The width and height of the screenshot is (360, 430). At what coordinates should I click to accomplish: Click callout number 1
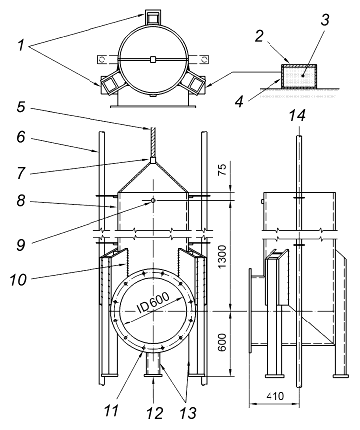tap(21, 45)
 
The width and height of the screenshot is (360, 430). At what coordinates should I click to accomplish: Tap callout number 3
tap(325, 20)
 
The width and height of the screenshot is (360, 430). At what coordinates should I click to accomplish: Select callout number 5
tap(21, 107)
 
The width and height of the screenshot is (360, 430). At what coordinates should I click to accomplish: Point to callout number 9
tap(21, 245)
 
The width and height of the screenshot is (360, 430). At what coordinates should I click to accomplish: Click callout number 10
tap(18, 279)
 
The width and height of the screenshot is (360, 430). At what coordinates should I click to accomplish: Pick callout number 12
tap(155, 413)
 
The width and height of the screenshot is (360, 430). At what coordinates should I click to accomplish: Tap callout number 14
tap(297, 115)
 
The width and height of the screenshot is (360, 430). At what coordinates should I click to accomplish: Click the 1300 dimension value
tap(223, 257)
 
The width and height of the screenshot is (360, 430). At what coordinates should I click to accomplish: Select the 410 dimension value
tap(274, 396)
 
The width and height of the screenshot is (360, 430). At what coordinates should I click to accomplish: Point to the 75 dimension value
tap(223, 169)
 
